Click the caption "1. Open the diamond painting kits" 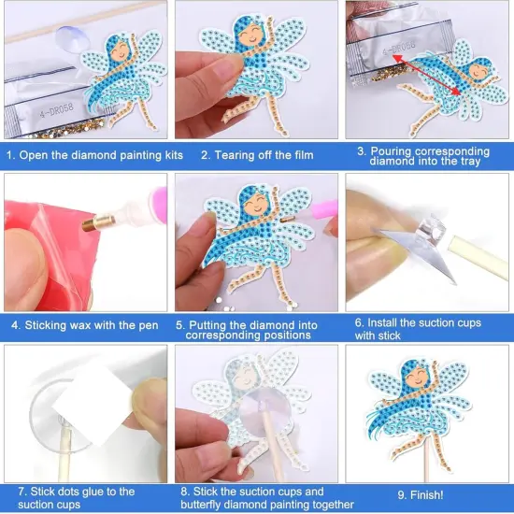coord(94,155)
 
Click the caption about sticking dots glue coord(76,497)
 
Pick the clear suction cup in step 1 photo coord(70,37)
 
